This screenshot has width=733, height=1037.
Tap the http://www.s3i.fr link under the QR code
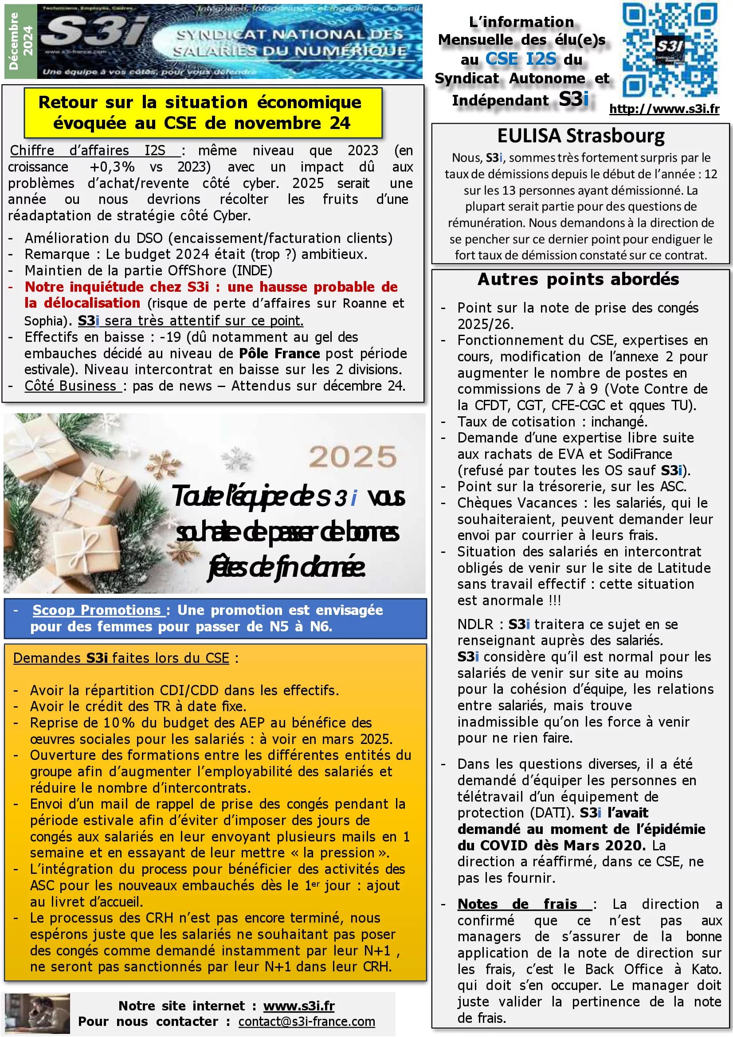click(664, 109)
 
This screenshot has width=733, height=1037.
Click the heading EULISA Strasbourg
click(580, 136)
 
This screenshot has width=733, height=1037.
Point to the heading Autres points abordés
click(578, 280)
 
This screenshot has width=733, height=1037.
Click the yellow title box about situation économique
click(203, 113)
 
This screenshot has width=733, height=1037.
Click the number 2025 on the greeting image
click(352, 457)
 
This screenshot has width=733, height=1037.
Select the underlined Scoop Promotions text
click(97, 610)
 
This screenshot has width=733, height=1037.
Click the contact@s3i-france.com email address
click(307, 1021)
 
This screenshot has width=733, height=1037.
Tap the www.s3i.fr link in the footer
click(299, 1006)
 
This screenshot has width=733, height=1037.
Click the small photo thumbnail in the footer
click(38, 1014)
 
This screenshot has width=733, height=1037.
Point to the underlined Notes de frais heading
click(524, 904)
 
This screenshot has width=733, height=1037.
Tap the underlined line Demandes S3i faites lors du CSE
click(122, 658)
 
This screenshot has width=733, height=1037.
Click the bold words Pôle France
click(279, 353)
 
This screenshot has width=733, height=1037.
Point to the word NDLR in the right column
click(475, 624)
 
